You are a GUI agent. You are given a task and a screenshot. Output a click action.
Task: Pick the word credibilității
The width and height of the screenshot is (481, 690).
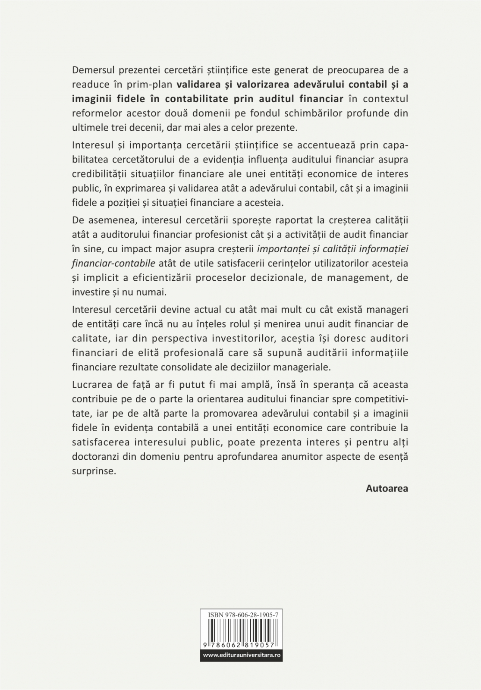click(x=102, y=174)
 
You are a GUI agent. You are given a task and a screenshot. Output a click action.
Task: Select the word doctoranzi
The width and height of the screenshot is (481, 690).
click(x=94, y=457)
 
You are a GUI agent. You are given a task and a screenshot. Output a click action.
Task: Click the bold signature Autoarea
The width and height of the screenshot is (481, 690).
click(x=387, y=489)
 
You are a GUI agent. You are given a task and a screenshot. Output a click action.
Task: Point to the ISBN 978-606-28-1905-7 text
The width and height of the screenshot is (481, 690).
click(x=241, y=614)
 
